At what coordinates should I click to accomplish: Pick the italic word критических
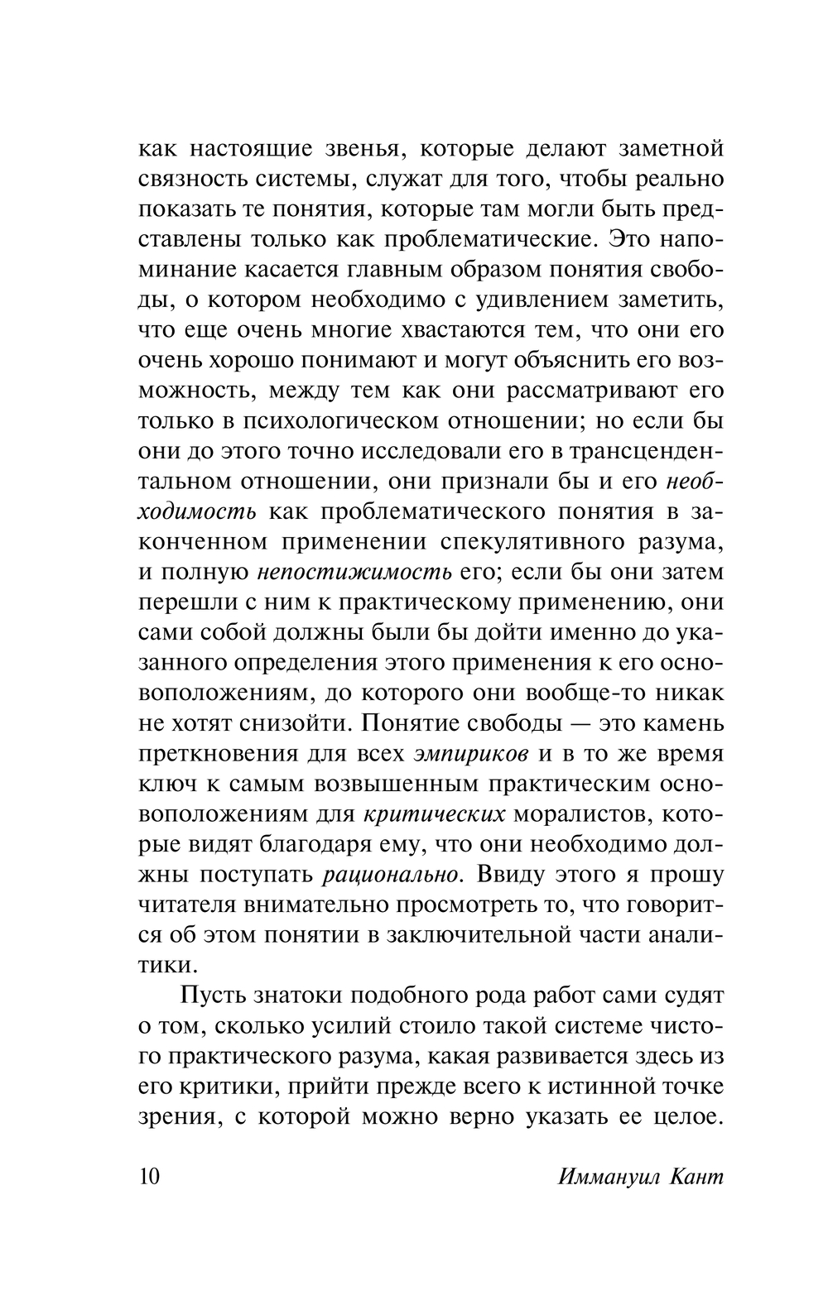[435, 814]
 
